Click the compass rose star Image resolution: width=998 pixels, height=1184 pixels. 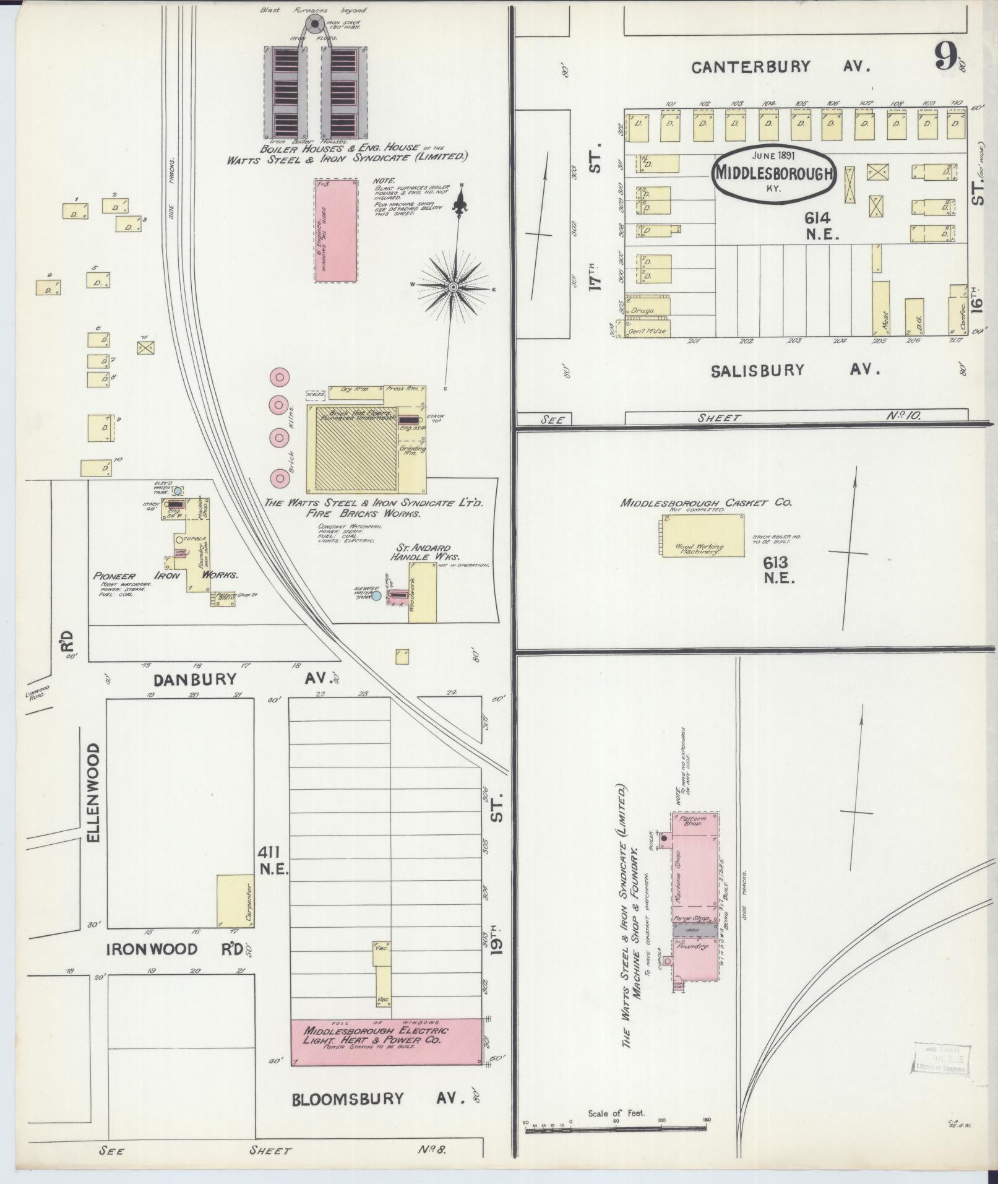[x=454, y=287]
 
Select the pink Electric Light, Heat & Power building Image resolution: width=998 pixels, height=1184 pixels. [x=387, y=1042]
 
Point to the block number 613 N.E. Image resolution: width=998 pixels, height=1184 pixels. [x=778, y=570]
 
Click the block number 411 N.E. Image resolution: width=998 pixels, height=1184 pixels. [x=273, y=860]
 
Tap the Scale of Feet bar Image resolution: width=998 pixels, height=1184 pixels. [x=616, y=1130]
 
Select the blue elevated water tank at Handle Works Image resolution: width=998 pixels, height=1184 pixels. [x=376, y=597]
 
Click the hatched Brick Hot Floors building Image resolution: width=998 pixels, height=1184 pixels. [x=355, y=448]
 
